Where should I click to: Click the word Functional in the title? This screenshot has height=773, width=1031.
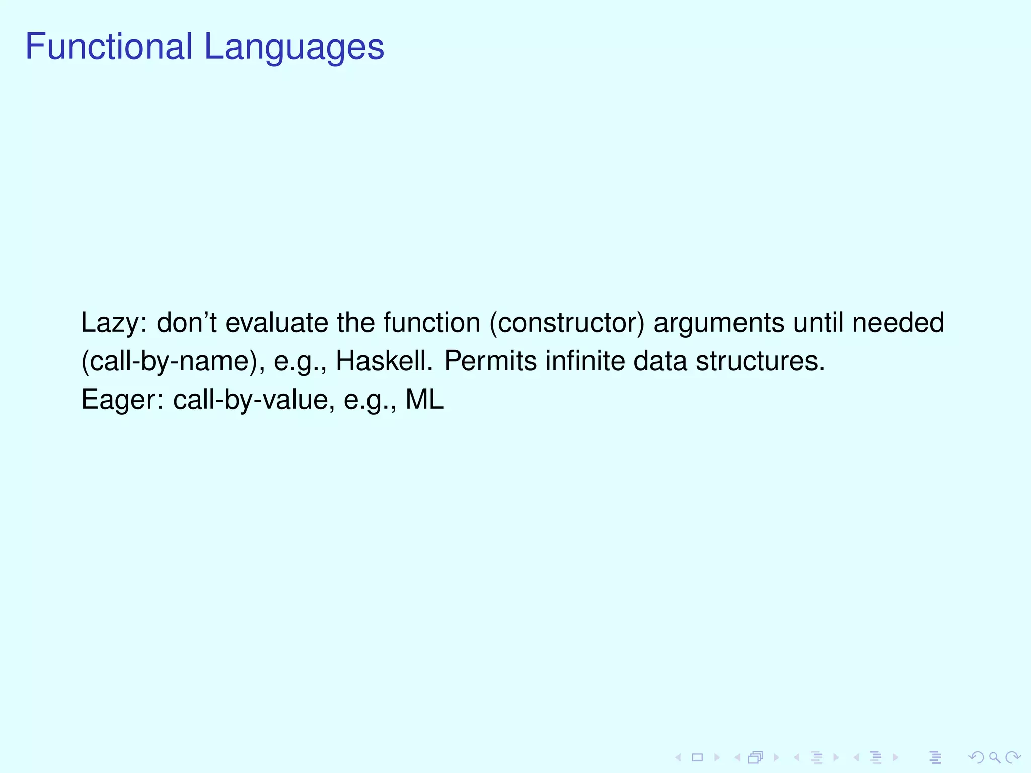[109, 47]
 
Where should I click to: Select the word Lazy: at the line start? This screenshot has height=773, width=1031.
[114, 323]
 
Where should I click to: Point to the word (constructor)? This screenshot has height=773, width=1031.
[567, 323]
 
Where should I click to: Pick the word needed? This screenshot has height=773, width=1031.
[898, 323]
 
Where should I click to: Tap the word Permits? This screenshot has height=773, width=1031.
[490, 362]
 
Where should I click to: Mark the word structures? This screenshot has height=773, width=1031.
[760, 362]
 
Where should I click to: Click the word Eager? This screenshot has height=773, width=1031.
[122, 401]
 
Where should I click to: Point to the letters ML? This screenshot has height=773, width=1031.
[424, 400]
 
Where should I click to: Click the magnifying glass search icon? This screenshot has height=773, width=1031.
[994, 757]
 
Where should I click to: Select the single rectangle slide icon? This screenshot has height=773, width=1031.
[697, 757]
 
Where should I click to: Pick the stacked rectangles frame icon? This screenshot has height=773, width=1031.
[756, 757]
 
